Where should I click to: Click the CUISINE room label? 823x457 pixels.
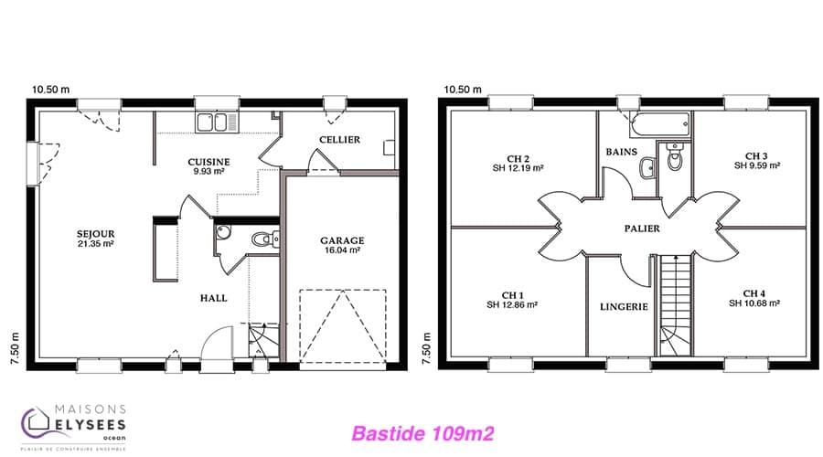coord(208,162)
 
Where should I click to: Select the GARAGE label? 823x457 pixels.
coord(342,240)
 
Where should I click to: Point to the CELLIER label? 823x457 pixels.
coord(339,140)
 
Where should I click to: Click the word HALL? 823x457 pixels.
coord(214,298)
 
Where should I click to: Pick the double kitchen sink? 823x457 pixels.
coord(217,122)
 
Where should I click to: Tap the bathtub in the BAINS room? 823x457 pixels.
coord(659,125)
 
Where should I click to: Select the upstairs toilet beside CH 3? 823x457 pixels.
coord(675,156)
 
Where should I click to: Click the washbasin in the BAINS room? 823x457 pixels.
coord(647,168)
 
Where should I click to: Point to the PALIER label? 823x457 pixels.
coord(642,228)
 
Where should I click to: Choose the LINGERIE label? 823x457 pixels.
coord(624,307)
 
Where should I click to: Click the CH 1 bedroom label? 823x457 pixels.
coord(512,295)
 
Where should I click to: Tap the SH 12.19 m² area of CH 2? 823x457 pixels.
coord(518,168)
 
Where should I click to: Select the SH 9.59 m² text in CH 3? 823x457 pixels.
coord(757,165)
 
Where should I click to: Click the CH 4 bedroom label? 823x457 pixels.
coord(754,293)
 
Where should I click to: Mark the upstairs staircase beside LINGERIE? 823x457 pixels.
coord(675,305)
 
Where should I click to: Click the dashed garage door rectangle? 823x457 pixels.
coord(343,326)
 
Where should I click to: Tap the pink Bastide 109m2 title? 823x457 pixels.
coord(422,434)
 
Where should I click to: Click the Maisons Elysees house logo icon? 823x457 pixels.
coord(36,422)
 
